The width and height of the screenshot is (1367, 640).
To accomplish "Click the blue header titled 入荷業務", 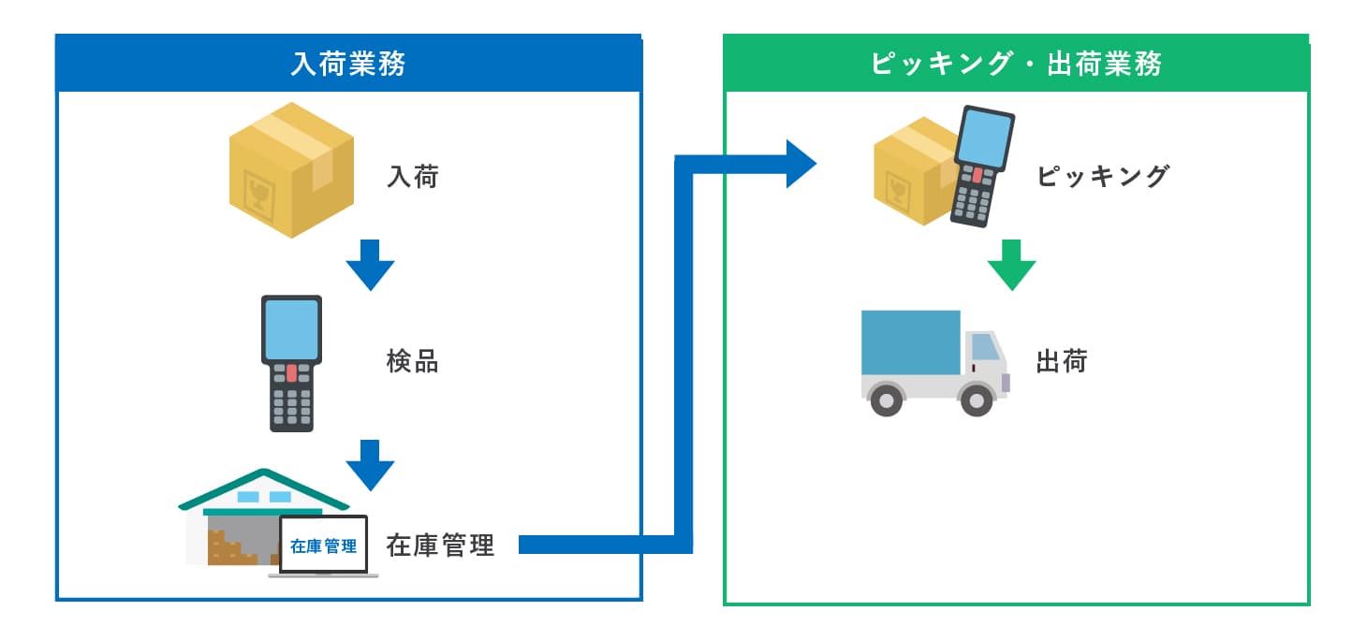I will (348, 65).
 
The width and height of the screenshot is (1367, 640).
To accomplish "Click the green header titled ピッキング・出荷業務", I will (1016, 65).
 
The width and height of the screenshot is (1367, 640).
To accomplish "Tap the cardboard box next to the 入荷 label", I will (292, 168).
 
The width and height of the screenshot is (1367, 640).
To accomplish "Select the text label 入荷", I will (412, 176).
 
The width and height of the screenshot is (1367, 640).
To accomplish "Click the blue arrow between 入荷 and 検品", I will (370, 265).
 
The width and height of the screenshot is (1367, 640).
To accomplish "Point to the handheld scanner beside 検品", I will (291, 363).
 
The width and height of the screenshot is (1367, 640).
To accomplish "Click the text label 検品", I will (412, 362).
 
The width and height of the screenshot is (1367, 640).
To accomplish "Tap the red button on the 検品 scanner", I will (291, 373).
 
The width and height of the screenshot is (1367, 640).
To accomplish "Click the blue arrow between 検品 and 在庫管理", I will (370, 464).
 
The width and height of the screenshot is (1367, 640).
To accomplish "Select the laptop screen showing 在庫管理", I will (324, 545).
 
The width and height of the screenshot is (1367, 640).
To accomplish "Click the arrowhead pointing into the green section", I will (801, 164).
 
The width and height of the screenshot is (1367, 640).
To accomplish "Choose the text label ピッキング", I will (1103, 176).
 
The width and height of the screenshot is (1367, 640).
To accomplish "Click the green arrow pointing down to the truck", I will (1011, 265).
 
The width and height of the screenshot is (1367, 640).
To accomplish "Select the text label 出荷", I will (1062, 361).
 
